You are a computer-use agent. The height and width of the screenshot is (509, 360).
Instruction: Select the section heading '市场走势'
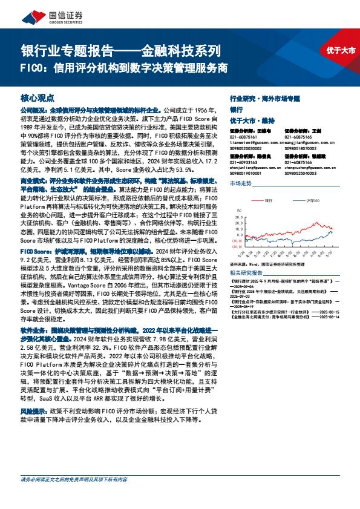pyautogui.click(x=241, y=183)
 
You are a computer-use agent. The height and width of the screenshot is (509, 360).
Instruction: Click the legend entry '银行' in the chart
pyautogui.click(x=268, y=199)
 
